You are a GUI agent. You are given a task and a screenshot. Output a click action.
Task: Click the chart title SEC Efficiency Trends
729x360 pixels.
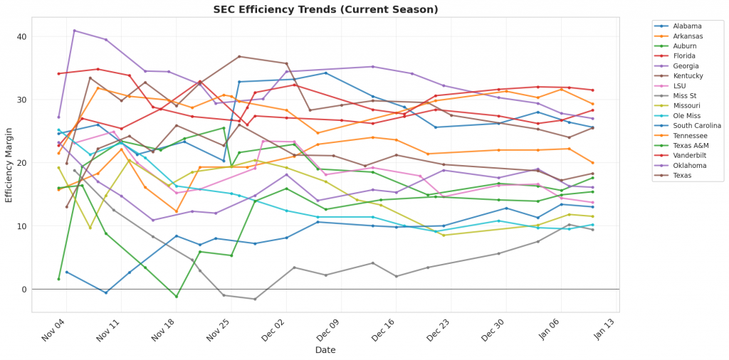coord(326,9)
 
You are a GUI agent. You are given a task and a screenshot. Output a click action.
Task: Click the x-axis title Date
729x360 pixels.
coord(326,350)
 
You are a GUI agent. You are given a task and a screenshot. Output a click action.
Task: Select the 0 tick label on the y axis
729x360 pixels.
coord(23,290)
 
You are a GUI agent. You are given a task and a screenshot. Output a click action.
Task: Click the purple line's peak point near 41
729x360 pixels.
coord(75,31)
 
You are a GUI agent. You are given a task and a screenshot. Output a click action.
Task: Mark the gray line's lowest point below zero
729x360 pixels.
coord(255,299)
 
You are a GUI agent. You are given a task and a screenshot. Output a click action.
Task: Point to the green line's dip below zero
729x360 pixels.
coord(177,296)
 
